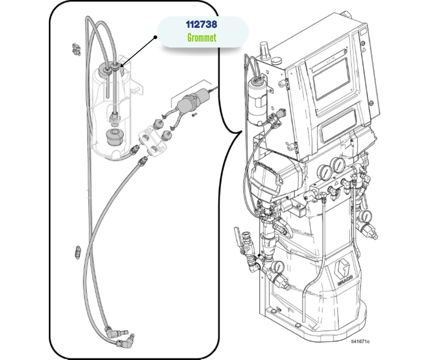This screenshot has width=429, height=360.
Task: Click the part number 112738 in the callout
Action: pos(201,24)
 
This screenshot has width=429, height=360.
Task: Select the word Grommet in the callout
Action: pos(201,37)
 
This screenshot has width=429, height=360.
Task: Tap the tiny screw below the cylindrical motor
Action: pos(194,114)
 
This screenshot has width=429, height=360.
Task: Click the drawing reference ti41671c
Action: pos(360,341)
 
